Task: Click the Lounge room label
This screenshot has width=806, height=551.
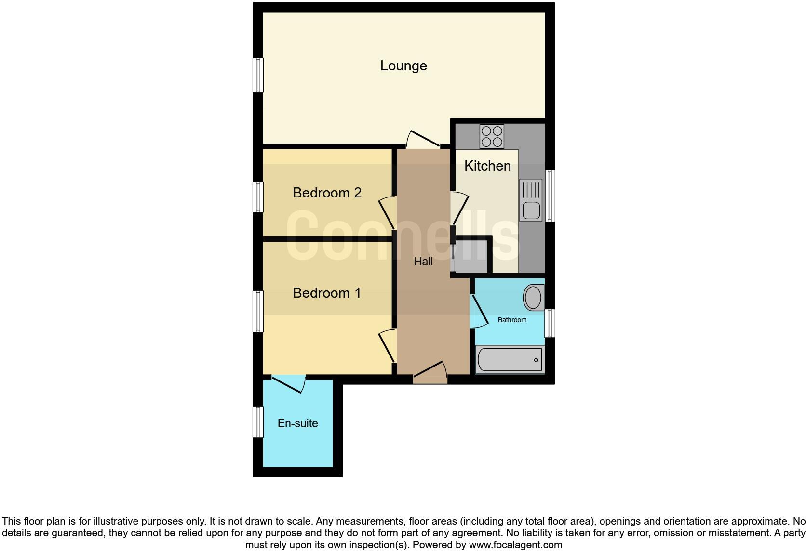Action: (x=403, y=66)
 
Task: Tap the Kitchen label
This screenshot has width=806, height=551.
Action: (x=487, y=166)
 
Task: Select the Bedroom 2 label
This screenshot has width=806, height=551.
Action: (x=327, y=193)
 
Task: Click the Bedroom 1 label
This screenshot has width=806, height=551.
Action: (x=327, y=293)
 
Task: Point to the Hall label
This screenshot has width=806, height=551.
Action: (x=423, y=262)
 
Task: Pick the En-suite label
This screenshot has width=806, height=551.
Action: (x=297, y=423)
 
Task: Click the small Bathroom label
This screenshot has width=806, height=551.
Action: (x=512, y=320)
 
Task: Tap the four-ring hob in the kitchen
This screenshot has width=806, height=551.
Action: (x=492, y=136)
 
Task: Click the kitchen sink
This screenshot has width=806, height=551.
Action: (x=531, y=200)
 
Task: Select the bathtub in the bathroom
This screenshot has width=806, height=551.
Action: (x=510, y=359)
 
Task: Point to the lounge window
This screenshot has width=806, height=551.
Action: (x=259, y=75)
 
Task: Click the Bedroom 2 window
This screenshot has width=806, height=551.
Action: (x=259, y=197)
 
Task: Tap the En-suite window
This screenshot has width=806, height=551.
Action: (x=259, y=422)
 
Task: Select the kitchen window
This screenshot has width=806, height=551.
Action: (x=550, y=196)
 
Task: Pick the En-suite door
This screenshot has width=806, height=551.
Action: (x=288, y=383)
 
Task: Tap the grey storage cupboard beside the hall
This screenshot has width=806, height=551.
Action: (x=471, y=257)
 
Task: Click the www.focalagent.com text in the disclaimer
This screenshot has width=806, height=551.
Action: (x=515, y=545)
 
